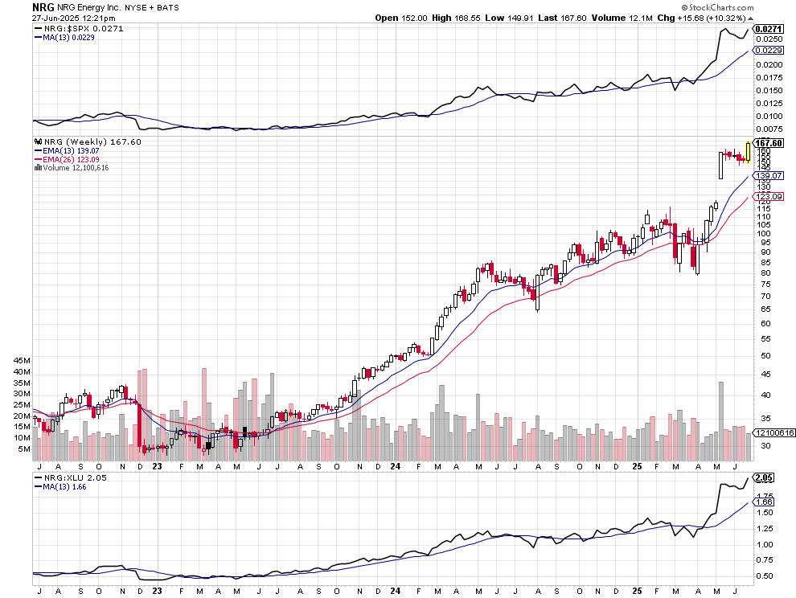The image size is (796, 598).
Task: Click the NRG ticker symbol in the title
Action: point(43,6)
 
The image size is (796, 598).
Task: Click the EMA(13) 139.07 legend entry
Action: point(66,151)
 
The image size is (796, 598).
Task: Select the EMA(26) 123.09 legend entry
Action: point(66,159)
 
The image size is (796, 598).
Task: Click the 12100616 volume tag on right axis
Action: point(773,432)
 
